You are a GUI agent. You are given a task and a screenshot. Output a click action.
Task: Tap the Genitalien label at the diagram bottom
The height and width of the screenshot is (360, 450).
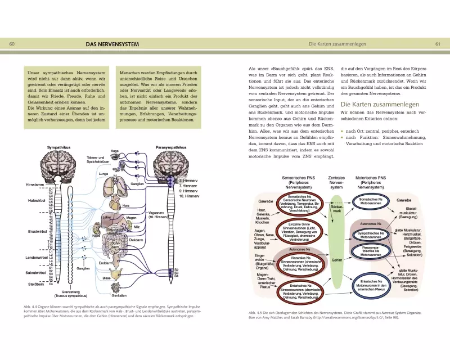pyautogui.click(x=119, y=295)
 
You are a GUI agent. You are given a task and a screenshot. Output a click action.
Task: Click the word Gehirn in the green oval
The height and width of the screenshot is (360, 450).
pyautogui.click(x=337, y=260)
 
